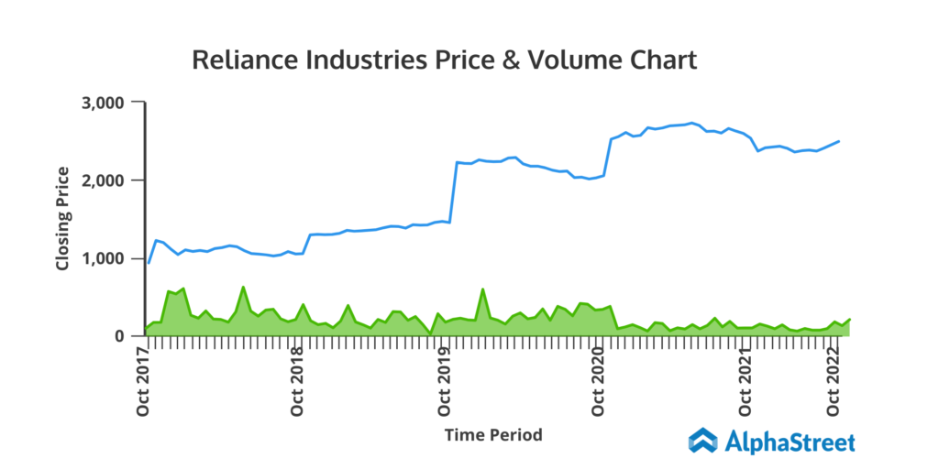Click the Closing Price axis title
pos(63,219)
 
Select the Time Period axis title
pos(493,434)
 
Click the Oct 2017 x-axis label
pos(144,380)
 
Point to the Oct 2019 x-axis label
pos(446,380)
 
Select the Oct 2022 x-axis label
pos(835,380)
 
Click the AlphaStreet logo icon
pos(703,441)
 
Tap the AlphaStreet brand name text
pos(790,442)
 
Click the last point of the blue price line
pos(840,141)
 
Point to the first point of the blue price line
pos(149,263)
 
